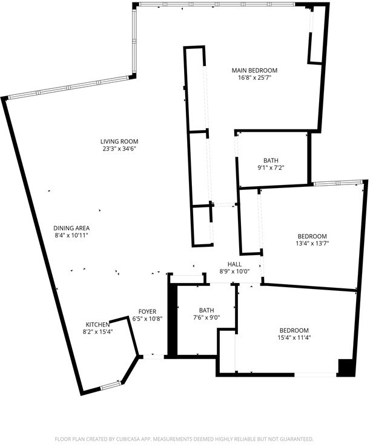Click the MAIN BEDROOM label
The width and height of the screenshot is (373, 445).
pos(254,70)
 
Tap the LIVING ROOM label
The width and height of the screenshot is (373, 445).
pos(119,141)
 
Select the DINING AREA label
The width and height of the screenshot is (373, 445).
pos(71,228)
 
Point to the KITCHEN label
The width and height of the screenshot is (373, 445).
pos(97,325)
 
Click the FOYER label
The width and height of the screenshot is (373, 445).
pos(147,311)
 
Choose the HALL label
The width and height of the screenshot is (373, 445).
pos(234,264)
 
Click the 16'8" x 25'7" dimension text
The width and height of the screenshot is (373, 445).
pos(255,77)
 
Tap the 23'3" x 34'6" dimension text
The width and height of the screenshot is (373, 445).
pos(119,148)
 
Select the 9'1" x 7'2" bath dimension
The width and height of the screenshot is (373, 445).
pos(271,167)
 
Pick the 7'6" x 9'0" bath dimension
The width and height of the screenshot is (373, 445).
pos(206,317)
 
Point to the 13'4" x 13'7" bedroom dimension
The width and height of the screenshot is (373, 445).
pos(312,243)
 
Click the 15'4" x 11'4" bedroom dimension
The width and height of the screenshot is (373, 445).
pos(294,337)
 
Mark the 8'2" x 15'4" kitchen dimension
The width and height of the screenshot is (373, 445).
pos(98,331)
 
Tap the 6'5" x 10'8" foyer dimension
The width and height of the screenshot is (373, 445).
pos(147,319)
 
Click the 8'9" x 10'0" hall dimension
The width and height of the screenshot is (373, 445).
pos(234,271)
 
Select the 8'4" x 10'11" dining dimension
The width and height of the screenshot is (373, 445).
pos(71,235)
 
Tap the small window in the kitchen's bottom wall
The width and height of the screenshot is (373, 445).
pos(110,385)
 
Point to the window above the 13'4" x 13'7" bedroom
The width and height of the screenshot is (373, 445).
pos(338,183)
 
